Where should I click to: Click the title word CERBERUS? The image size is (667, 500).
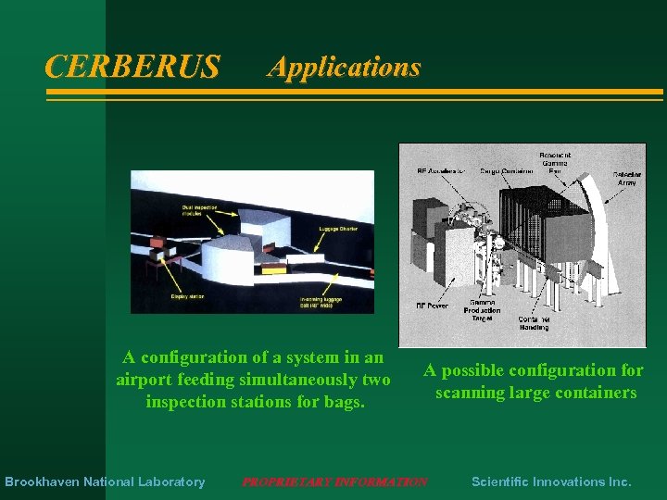[x=132, y=67]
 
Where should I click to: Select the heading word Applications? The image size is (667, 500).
[x=344, y=67]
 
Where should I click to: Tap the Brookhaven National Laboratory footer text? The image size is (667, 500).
[x=105, y=481]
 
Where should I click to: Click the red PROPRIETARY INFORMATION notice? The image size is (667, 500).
[x=334, y=481]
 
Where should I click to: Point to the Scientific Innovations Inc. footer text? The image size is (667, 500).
[x=551, y=481]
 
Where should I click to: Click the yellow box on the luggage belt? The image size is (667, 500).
[x=274, y=270]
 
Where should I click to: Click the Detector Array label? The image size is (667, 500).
[x=633, y=178]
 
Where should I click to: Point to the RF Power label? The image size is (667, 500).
[x=433, y=306]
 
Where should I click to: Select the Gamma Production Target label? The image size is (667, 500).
[x=483, y=310]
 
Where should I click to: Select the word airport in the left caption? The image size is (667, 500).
[x=144, y=380]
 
